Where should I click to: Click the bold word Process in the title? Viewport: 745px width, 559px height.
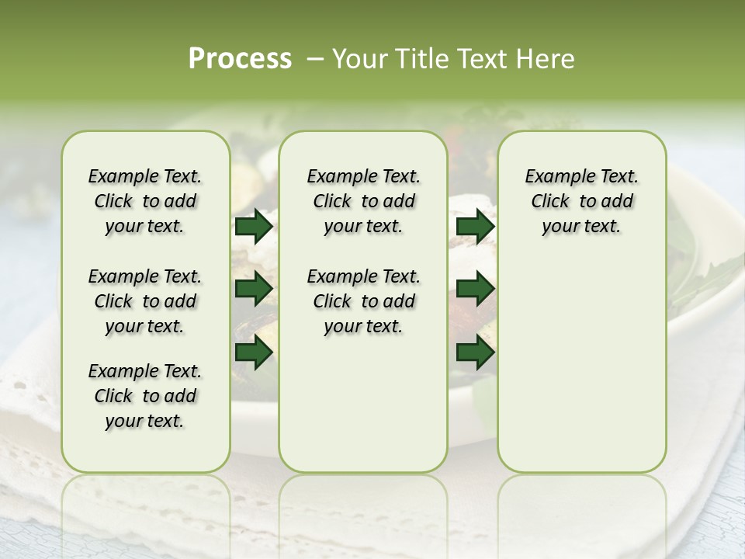[240, 59]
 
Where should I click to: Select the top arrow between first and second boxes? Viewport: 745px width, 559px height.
[254, 227]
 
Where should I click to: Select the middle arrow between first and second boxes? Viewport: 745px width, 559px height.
[254, 290]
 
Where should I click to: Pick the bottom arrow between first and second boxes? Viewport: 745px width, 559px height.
[254, 352]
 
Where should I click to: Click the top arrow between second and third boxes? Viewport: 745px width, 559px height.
[475, 227]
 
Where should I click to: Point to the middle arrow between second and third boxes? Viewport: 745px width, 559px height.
[475, 290]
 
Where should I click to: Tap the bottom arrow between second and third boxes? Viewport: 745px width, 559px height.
[475, 352]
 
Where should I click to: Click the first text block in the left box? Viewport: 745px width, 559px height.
[145, 201]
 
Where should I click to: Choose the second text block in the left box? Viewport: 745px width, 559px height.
[145, 301]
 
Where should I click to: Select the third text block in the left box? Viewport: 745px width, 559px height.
[145, 396]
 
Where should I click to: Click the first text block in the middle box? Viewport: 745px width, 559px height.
[363, 201]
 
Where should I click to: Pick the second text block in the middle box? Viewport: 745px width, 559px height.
[363, 301]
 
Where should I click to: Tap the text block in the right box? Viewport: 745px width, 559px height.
[581, 201]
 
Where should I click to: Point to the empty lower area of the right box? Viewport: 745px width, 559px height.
[581, 365]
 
